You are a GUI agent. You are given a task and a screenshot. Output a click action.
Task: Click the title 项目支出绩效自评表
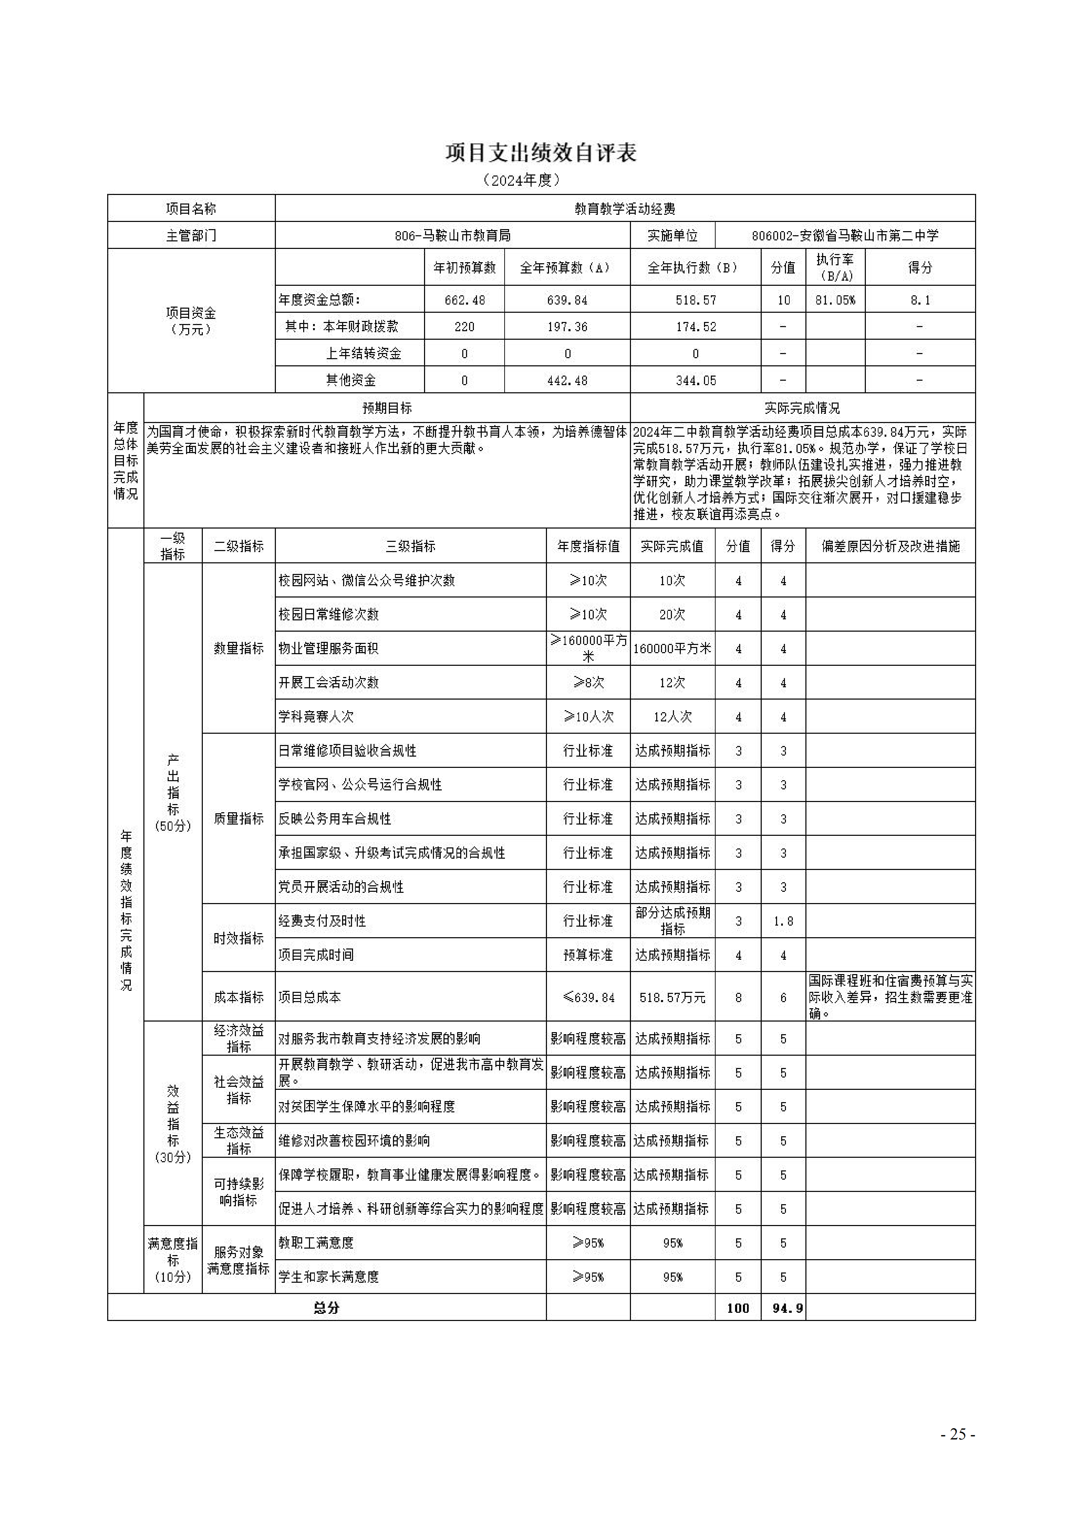pyautogui.click(x=541, y=153)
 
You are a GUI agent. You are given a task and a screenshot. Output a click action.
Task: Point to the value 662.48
pyautogui.click(x=465, y=300)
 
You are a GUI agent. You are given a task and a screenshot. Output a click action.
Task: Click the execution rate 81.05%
pyautogui.click(x=835, y=300)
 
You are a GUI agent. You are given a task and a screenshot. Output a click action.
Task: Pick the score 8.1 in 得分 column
pyautogui.click(x=920, y=300)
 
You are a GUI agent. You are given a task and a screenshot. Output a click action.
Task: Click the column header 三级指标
pyautogui.click(x=410, y=546)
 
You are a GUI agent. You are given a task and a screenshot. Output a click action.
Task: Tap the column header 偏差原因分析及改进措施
pyautogui.click(x=890, y=546)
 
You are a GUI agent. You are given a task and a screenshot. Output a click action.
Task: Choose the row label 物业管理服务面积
pyautogui.click(x=328, y=648)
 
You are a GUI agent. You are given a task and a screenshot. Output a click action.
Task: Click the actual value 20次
pyautogui.click(x=672, y=614)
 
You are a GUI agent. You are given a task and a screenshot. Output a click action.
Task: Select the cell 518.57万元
pyautogui.click(x=672, y=998)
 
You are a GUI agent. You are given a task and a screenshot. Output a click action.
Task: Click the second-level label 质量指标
pyautogui.click(x=238, y=819)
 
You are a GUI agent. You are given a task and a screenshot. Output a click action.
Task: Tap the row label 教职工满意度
pyautogui.click(x=316, y=1242)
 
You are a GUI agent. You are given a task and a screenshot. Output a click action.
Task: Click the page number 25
pyautogui.click(x=958, y=1434)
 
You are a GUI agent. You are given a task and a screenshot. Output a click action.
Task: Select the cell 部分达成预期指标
pyautogui.click(x=672, y=921)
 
